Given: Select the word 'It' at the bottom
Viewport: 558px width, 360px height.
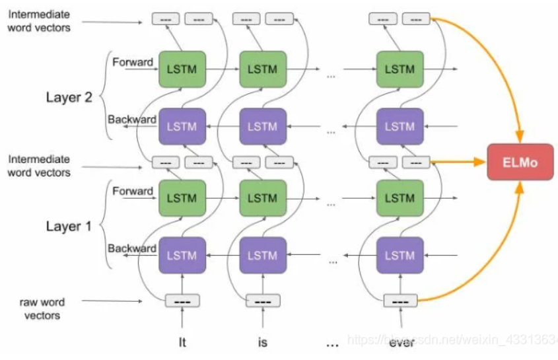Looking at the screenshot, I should tap(182, 343).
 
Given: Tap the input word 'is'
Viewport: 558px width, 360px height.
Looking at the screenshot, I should tap(262, 343).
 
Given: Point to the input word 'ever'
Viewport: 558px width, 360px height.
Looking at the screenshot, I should tap(400, 343).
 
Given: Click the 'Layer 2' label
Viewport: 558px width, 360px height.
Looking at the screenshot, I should tap(69, 97).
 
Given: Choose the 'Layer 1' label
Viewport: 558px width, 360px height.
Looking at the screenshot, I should tap(69, 226).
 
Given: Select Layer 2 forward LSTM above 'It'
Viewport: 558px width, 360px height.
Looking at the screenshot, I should tap(182, 69).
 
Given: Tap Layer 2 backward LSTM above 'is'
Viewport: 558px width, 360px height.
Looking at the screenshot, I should tap(263, 126).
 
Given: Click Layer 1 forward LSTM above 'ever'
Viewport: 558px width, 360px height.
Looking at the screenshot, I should tap(400, 198).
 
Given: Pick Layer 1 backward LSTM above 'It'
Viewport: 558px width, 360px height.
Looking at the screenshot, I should tap(182, 254).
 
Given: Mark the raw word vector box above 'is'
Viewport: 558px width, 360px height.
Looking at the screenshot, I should tap(263, 301).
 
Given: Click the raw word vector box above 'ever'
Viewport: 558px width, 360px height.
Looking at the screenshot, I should tap(400, 301).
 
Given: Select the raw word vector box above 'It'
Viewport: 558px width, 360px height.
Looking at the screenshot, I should tap(182, 301).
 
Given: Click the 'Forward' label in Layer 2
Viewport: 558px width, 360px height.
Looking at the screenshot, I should tap(133, 63).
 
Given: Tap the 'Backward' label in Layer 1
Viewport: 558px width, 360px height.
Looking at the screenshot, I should tap(131, 248).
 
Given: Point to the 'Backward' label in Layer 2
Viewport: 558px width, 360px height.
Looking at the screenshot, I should tap(131, 120).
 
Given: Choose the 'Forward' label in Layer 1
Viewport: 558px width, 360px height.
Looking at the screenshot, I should tap(133, 192).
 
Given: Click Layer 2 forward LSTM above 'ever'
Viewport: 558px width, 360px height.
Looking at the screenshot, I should tap(400, 69).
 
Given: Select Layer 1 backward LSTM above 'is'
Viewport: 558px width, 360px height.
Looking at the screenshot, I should tap(263, 254).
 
